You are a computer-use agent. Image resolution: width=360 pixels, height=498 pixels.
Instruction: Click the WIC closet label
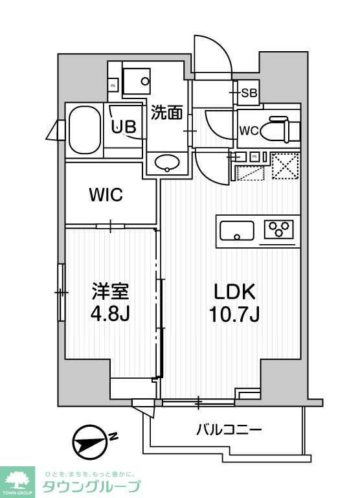point(107,194)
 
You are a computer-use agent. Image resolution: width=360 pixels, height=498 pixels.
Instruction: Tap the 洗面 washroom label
point(166,113)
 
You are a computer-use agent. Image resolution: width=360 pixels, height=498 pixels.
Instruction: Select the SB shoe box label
point(249,93)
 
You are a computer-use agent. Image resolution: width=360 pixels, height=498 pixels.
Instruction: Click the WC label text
point(249,131)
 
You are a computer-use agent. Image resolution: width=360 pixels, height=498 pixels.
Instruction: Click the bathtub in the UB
point(84,131)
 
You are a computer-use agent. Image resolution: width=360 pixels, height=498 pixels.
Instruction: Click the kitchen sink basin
point(237,230)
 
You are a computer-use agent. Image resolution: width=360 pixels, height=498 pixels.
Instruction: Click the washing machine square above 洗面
point(137,82)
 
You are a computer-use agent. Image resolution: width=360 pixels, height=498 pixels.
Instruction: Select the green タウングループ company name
point(91,487)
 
